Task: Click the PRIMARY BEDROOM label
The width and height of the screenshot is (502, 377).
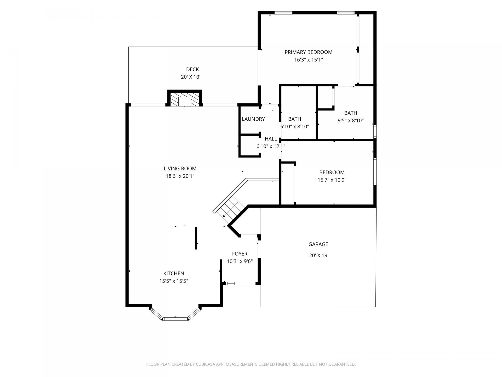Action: click(x=309, y=52)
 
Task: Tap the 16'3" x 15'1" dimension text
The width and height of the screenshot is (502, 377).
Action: click(x=309, y=60)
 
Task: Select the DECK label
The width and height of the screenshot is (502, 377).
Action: click(x=192, y=69)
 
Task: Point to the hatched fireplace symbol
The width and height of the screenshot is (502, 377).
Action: click(x=185, y=99)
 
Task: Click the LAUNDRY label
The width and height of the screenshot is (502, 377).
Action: click(x=253, y=119)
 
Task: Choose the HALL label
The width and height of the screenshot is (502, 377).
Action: click(x=271, y=139)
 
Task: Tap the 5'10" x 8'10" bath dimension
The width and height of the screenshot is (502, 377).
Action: click(x=295, y=127)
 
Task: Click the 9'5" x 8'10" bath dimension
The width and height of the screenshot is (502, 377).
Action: click(x=351, y=121)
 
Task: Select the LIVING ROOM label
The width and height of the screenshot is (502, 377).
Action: click(x=180, y=169)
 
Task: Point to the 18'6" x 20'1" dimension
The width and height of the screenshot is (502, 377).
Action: click(x=180, y=176)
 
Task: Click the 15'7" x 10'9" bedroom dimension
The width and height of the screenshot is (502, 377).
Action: click(x=332, y=180)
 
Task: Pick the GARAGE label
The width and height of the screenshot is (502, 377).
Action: click(x=318, y=244)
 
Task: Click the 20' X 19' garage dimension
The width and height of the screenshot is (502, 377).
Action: click(x=319, y=256)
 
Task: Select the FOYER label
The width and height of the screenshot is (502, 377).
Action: click(x=240, y=254)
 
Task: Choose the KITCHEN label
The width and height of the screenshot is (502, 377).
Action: click(x=174, y=274)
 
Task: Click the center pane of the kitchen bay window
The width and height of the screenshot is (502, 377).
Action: click(x=175, y=319)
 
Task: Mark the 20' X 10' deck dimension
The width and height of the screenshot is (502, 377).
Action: click(x=191, y=77)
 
